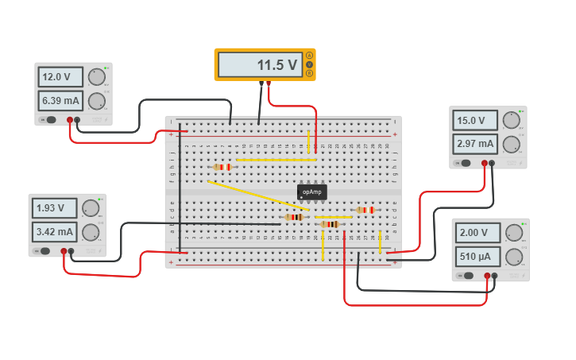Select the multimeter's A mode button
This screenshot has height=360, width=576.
[x=309, y=56]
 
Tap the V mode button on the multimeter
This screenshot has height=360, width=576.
[x=309, y=64]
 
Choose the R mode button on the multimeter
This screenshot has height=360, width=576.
[x=309, y=73]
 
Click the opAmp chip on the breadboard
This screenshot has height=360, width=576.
[x=311, y=192]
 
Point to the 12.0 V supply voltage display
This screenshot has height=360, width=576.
[x=60, y=77]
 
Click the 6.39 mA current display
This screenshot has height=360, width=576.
[x=60, y=101]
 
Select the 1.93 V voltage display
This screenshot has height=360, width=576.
[x=54, y=208]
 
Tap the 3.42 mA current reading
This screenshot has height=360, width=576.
[x=54, y=232]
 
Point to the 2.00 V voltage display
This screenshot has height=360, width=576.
[x=477, y=233]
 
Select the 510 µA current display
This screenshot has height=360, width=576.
[x=477, y=257]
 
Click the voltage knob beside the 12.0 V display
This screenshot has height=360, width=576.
[x=96, y=77]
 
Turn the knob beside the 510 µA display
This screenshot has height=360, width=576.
[x=513, y=257]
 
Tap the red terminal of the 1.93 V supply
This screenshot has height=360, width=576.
[x=64, y=251]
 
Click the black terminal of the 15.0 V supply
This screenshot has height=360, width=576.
[x=492, y=163]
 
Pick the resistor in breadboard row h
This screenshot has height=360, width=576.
[x=223, y=167]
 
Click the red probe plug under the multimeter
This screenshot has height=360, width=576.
[x=269, y=83]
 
